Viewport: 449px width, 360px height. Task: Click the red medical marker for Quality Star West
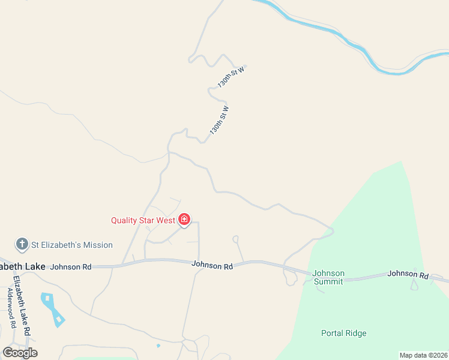click(184, 221)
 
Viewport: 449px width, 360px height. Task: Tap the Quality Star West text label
click(143, 220)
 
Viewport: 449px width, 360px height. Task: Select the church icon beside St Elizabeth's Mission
click(22, 244)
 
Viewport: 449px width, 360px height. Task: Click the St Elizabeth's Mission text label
click(72, 245)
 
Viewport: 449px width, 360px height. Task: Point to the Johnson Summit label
click(329, 277)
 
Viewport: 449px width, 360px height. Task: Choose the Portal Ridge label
click(343, 334)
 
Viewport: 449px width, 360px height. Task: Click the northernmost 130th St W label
click(232, 77)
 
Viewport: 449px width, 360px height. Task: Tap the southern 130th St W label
click(220, 120)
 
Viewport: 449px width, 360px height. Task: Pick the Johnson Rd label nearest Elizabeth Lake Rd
click(71, 266)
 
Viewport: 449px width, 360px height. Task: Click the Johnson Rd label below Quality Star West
click(212, 265)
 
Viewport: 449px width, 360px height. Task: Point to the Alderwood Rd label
click(11, 307)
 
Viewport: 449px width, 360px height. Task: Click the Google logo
click(20, 352)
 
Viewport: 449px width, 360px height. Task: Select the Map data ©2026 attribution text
click(423, 355)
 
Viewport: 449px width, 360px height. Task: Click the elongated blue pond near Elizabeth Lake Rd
click(54, 308)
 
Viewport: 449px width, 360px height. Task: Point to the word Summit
click(329, 281)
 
